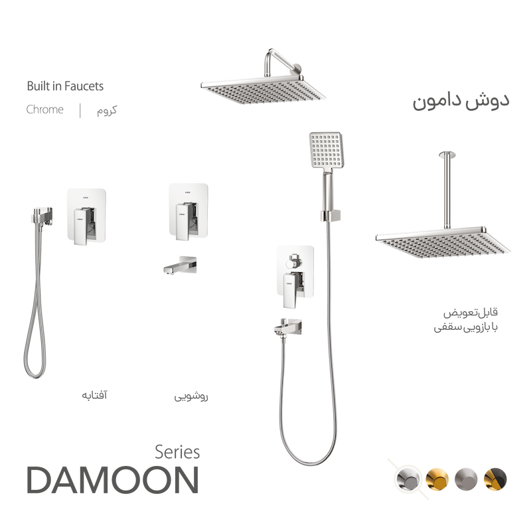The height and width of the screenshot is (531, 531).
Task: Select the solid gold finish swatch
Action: pos(437,475)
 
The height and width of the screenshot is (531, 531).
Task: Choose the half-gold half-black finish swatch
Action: pos(496,475)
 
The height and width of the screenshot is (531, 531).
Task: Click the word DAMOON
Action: pos(112,479)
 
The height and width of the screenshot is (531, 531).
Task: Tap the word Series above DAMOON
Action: pos(177,451)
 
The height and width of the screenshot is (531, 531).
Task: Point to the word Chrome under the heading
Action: pos(45,110)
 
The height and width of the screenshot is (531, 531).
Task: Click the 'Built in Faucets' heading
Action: pos(64,86)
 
